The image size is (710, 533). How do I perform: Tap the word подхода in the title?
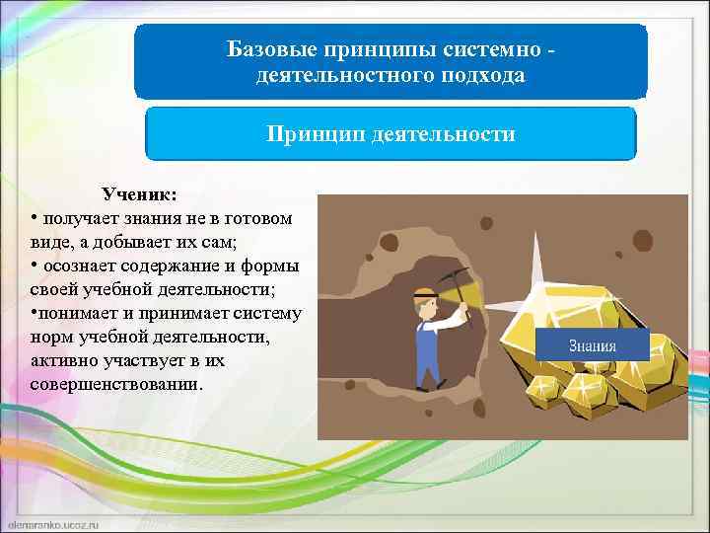[x=478, y=75]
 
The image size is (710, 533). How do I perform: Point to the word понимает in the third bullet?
[x=79, y=313]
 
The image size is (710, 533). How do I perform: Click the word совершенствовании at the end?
[x=116, y=384]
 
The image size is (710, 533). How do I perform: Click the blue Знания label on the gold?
[x=592, y=345]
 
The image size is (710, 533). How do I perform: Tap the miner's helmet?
[x=424, y=293]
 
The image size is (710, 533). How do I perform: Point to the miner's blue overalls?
[x=427, y=345]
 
